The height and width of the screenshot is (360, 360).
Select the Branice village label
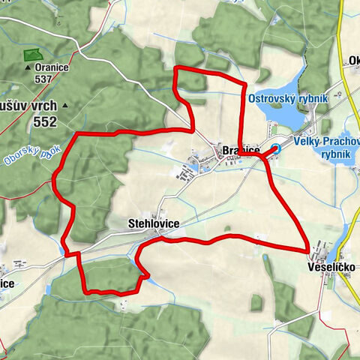[x=241, y=151]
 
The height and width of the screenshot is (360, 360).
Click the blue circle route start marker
[x=276, y=148]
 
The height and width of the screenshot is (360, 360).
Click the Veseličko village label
[x=330, y=267]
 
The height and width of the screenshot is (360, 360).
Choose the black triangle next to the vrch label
[x=65, y=106]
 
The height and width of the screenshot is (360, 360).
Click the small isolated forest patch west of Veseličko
[x=257, y=303]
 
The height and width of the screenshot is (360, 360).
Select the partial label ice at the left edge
[x=7, y=284]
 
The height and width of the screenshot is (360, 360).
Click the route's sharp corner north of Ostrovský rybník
[x=176, y=68]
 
